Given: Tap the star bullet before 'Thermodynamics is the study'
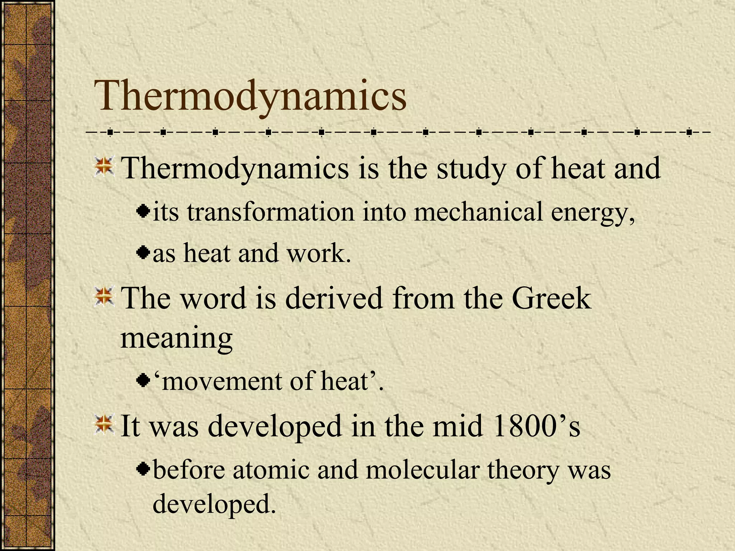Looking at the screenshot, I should [104, 167].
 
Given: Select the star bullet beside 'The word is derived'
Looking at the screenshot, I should [104, 297].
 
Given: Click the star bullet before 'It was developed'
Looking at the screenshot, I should [104, 424].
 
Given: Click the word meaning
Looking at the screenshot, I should [176, 338].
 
